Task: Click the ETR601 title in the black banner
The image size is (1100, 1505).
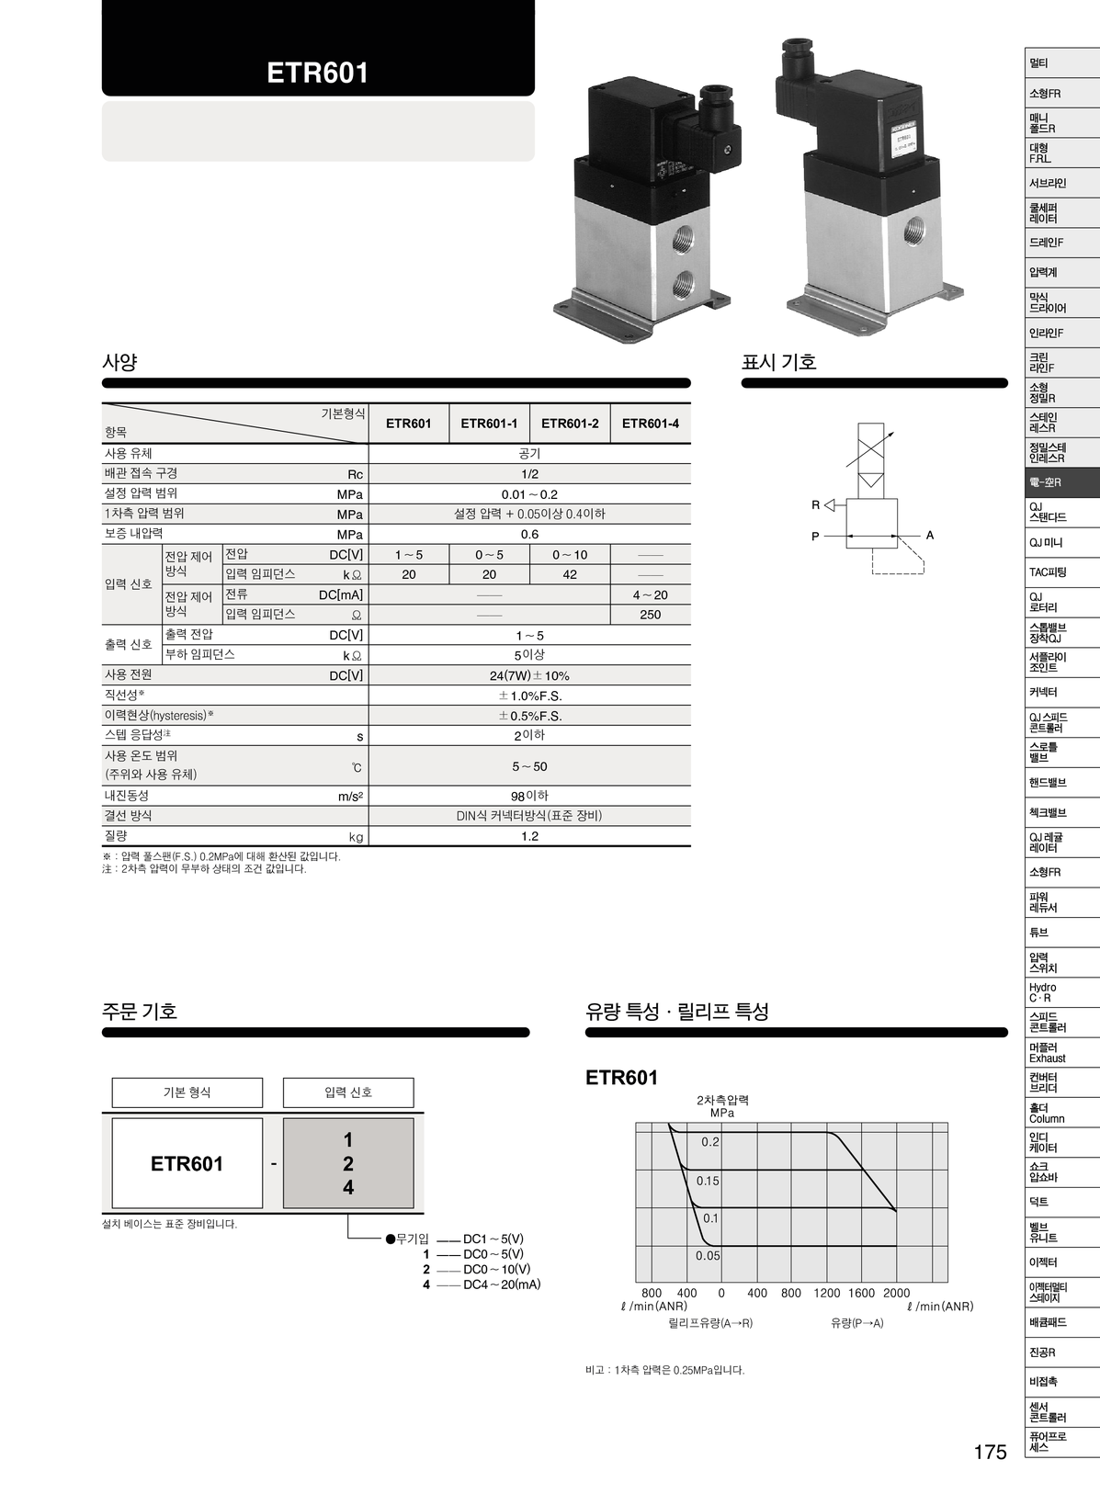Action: pos(317,74)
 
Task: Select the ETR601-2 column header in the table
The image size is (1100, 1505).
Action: pos(570,424)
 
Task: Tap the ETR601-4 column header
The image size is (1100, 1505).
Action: pos(650,424)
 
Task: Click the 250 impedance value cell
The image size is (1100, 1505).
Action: pos(650,615)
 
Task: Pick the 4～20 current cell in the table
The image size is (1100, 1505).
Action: pos(650,594)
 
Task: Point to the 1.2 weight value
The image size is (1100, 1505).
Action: pos(529,836)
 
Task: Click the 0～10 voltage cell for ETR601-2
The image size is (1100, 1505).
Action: pos(570,554)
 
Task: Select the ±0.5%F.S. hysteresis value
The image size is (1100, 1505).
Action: pos(529,716)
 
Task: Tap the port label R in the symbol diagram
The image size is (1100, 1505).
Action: pos(815,504)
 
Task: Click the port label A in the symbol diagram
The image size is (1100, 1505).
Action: pos(930,535)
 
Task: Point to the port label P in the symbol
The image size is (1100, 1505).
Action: pos(815,536)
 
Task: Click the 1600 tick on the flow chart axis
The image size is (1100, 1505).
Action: pos(861,1293)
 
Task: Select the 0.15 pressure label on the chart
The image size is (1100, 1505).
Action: pos(708,1181)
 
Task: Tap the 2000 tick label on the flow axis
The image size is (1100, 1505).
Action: pos(896,1293)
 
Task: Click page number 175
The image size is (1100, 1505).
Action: pos(990,1452)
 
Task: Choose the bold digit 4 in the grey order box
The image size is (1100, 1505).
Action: pos(348,1187)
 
